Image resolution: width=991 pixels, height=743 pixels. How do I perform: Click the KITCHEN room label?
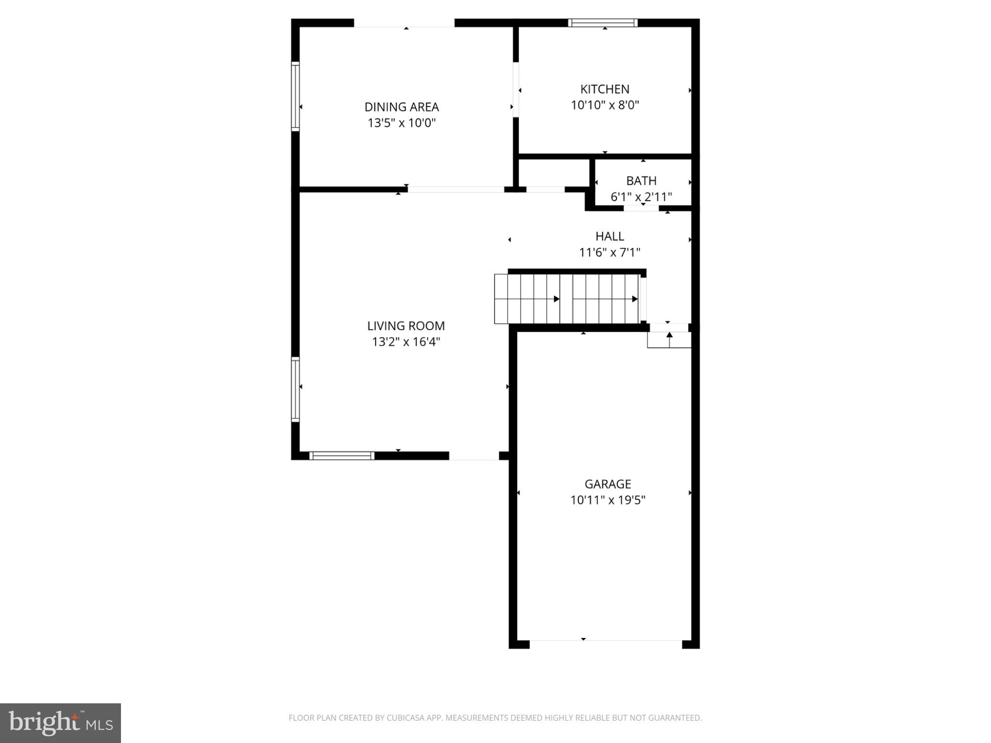605,89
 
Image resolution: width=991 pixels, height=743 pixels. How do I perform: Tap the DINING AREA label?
402,107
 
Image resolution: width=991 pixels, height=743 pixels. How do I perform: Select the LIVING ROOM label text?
405,326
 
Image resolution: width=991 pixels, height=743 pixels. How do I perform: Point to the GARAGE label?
608,484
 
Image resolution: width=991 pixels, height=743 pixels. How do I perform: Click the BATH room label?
641,181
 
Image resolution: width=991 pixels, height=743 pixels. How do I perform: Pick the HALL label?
610,236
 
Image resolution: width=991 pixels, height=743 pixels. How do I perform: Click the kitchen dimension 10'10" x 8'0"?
605,105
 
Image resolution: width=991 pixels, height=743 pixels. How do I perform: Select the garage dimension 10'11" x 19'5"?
608,500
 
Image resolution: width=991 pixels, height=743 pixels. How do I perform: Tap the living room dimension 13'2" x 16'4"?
405,342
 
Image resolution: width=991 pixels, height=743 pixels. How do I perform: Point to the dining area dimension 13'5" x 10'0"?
402,123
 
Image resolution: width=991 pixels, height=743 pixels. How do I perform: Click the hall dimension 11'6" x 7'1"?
610,252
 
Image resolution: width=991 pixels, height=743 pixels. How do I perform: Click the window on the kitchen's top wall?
602,23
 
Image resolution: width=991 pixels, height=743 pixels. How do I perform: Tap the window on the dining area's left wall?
295,96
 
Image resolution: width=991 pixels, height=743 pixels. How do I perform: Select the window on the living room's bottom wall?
342,456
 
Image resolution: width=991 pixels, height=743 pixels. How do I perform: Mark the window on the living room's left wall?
295,389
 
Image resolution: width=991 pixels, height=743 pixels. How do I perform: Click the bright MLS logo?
60,723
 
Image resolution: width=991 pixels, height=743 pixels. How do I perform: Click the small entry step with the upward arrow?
669,340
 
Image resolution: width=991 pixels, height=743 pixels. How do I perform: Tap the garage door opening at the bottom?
605,644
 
